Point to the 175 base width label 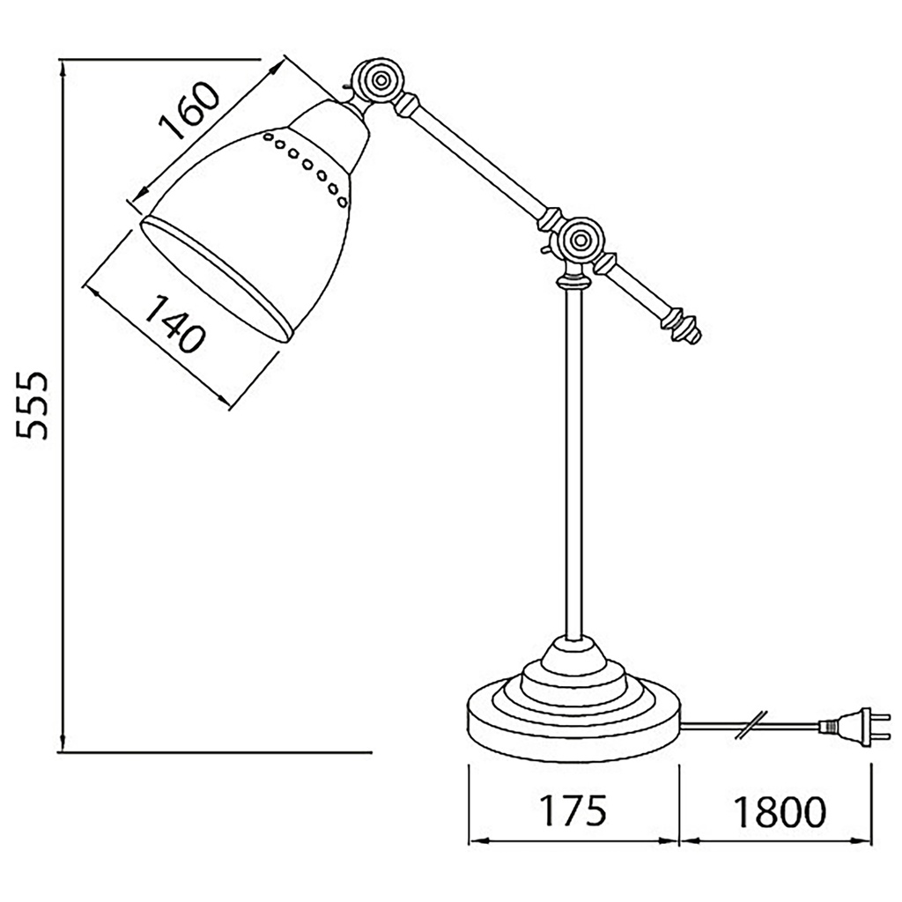point(573,810)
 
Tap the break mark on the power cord point(753,724)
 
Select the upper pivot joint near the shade point(381,81)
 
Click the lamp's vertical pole point(574,458)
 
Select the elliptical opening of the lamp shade point(215,277)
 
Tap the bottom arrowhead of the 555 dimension point(63,745)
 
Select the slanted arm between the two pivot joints point(480,159)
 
